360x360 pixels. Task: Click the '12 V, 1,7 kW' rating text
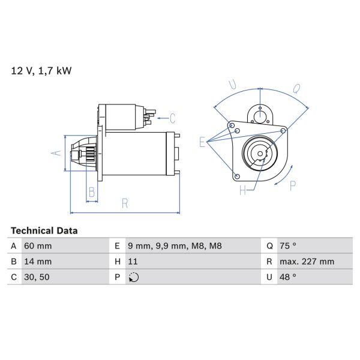point(41,71)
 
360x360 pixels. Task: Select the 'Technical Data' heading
point(44,230)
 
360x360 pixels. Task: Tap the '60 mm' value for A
point(37,246)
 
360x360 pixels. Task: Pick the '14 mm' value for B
point(37,262)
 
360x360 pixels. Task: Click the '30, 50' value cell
point(37,277)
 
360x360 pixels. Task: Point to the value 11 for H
point(133,262)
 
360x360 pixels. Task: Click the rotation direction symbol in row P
point(134,277)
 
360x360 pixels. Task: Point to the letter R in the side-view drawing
point(125,203)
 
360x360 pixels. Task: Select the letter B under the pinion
point(92,192)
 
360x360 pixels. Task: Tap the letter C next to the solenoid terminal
point(172,118)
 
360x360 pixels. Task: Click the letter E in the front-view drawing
point(203,142)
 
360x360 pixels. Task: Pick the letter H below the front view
point(243,191)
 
